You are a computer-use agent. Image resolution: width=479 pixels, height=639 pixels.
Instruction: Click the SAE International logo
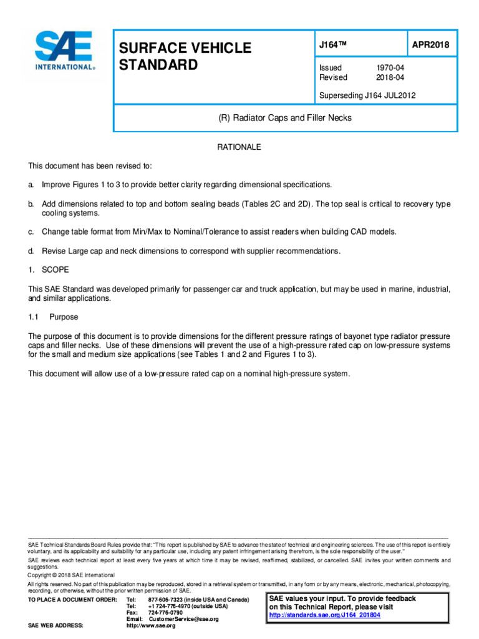tap(64, 51)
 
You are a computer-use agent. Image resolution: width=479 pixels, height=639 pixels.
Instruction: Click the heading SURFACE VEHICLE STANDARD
tap(180, 57)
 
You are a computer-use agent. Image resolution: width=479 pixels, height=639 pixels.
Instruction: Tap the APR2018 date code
tap(430, 46)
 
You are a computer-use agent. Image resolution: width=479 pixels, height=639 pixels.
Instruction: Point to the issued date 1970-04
tap(389, 67)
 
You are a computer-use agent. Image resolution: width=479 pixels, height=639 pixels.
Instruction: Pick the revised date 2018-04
tap(389, 77)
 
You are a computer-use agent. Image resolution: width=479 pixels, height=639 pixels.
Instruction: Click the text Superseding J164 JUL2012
tap(367, 95)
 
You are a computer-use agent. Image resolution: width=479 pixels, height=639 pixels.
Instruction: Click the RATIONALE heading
tap(238, 147)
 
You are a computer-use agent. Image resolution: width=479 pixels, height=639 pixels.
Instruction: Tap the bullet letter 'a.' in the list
tap(31, 185)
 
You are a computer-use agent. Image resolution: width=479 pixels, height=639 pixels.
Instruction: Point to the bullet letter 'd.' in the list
tap(31, 250)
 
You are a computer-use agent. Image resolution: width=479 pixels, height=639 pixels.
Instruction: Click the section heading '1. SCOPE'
tap(49, 270)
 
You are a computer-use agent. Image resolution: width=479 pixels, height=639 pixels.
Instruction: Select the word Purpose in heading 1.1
tap(64, 317)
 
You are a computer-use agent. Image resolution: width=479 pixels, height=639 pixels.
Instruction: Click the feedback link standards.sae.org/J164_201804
tap(324, 615)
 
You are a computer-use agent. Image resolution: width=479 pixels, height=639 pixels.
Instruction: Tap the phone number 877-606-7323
tap(170, 600)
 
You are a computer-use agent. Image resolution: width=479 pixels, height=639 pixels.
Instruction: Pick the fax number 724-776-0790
tap(165, 613)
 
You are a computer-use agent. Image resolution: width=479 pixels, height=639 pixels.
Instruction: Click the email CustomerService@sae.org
tap(183, 619)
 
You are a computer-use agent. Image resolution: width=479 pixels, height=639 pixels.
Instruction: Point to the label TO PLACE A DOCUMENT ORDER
tap(72, 600)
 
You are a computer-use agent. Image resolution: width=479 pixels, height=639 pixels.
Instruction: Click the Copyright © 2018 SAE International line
tap(71, 575)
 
